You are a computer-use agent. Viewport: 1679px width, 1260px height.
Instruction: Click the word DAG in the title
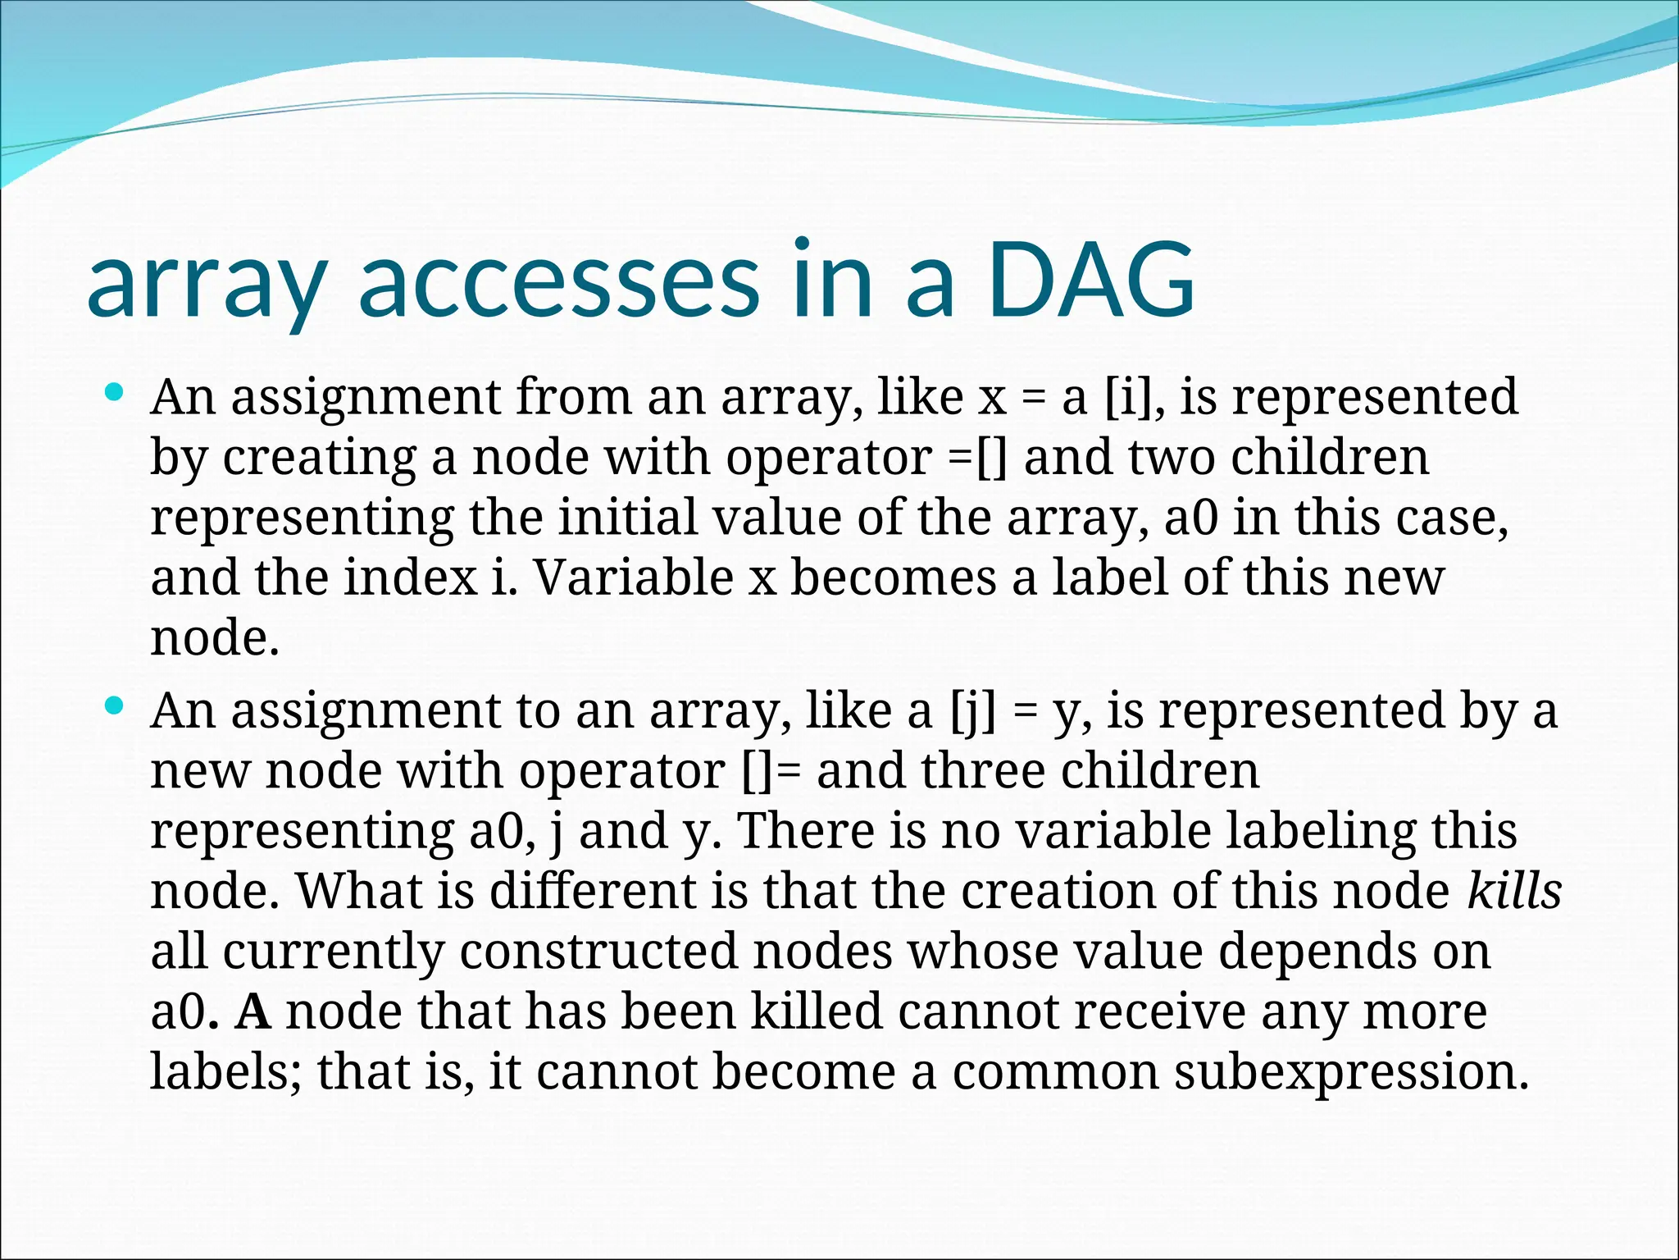[1090, 281]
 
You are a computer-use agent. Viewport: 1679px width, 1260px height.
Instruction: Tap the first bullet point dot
[115, 392]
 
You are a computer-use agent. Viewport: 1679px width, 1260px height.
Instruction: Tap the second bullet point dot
[115, 705]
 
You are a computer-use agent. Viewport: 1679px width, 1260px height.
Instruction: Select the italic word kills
[1514, 891]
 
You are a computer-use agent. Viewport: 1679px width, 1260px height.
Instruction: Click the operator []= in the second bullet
[772, 771]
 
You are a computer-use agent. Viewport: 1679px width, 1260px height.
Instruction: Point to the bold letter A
[253, 1011]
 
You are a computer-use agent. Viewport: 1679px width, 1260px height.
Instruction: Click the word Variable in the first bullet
[634, 577]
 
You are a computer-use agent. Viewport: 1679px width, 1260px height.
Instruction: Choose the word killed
[816, 1011]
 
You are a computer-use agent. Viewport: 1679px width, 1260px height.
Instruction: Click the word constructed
[598, 952]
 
